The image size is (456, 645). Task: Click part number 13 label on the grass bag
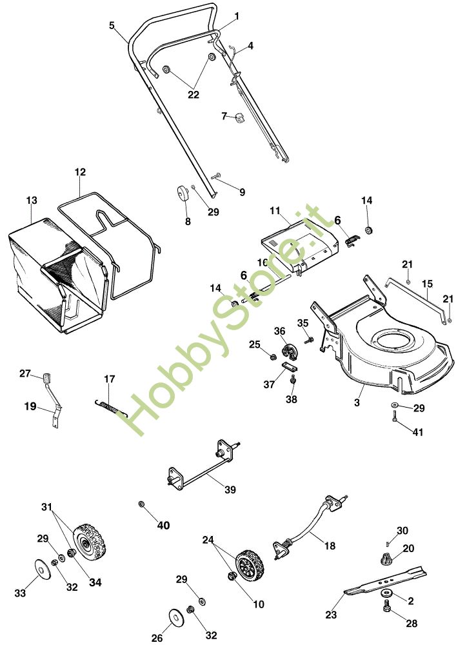click(x=32, y=201)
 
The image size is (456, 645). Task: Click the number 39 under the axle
click(x=230, y=490)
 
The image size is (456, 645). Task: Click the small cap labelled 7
click(x=240, y=118)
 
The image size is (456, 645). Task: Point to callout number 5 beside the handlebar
click(x=112, y=26)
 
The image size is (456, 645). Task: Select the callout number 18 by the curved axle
click(x=330, y=546)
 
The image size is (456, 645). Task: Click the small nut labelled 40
click(x=141, y=503)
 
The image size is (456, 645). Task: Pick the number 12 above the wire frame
click(x=80, y=172)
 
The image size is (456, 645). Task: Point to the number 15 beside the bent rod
click(x=428, y=283)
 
